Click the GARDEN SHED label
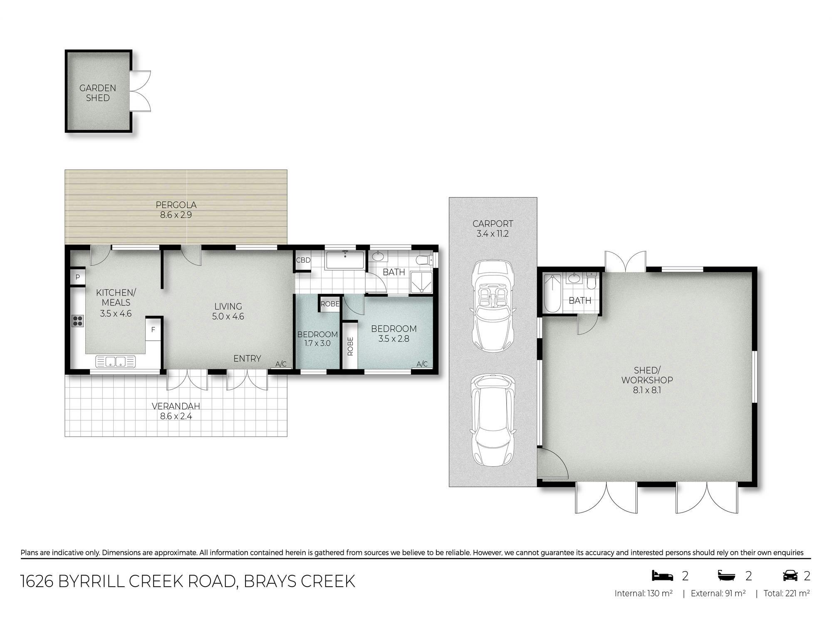pyautogui.click(x=98, y=93)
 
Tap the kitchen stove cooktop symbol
pyautogui.click(x=78, y=321)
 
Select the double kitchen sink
pyautogui.click(x=116, y=362)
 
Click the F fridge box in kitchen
pyautogui.click(x=153, y=329)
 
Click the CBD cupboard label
pyautogui.click(x=303, y=260)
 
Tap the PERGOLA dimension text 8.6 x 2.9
pyautogui.click(x=176, y=215)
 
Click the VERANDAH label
pyautogui.click(x=176, y=406)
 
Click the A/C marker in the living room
pyautogui.click(x=281, y=364)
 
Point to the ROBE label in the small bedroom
pyautogui.click(x=330, y=304)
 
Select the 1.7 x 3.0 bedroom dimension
pyautogui.click(x=317, y=344)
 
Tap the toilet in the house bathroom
pyautogui.click(x=424, y=260)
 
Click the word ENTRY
pyautogui.click(x=247, y=359)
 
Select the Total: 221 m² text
pyautogui.click(x=787, y=593)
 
